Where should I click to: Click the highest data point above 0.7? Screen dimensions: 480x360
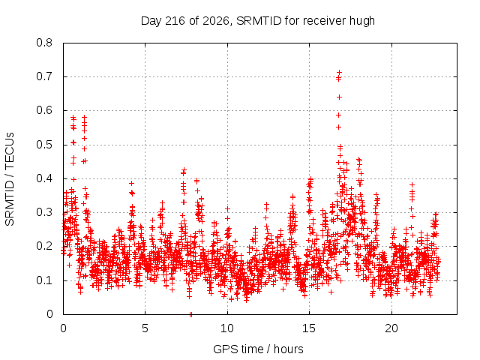339,73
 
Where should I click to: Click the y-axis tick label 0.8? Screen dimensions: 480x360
44,43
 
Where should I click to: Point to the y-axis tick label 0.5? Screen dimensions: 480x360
44,145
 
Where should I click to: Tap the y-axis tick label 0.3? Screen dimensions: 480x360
44,212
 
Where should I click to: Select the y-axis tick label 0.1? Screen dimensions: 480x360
44,280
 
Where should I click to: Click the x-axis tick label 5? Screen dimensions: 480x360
145,328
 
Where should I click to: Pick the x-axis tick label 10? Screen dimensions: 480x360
227,328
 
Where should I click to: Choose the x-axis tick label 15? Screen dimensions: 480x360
309,328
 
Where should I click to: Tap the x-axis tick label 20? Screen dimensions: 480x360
391,328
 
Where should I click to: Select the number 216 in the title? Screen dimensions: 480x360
175,21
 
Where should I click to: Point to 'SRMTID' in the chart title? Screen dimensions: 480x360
259,21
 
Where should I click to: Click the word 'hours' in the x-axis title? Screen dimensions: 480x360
288,349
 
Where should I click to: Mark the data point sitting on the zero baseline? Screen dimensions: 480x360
190,314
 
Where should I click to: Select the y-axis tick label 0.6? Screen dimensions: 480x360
44,110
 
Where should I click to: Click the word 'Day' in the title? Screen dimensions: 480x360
151,21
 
